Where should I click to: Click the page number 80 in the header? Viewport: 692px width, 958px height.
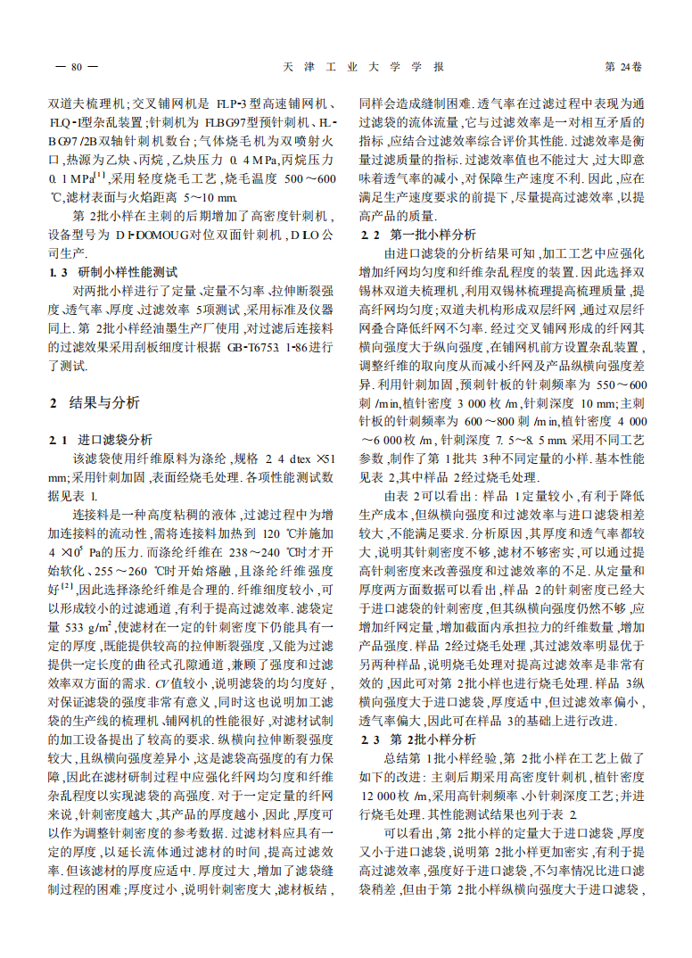pyautogui.click(x=76, y=68)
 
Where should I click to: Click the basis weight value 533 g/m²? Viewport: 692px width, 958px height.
pyautogui.click(x=88, y=626)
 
